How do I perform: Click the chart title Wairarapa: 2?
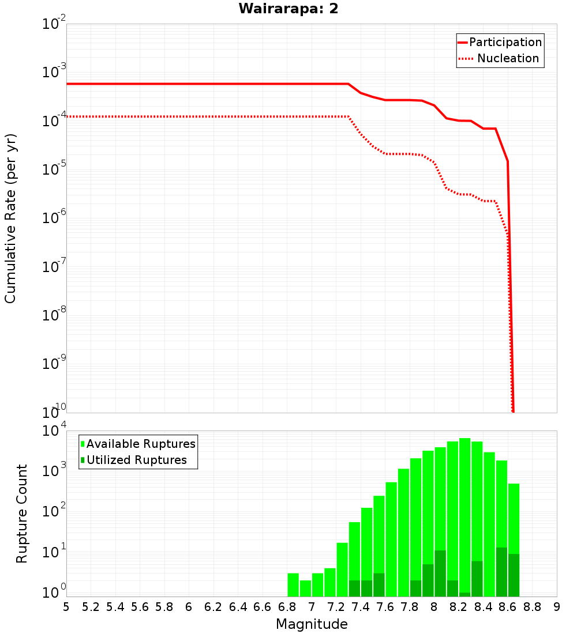point(288,9)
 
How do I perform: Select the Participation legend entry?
point(505,42)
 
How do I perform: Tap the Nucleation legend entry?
point(508,58)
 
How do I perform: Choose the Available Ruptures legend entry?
point(141,444)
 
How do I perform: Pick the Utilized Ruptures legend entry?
point(137,460)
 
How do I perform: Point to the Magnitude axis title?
point(312,624)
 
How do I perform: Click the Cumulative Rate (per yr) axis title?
point(10,218)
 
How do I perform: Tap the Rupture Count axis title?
point(22,514)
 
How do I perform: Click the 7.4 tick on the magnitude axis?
point(361,607)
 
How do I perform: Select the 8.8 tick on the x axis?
point(532,607)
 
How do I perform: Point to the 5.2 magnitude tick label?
point(91,607)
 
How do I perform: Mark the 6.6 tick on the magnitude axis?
point(263,607)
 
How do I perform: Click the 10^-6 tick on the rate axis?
point(54,218)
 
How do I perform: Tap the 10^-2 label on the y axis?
point(54,24)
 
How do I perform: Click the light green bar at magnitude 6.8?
point(293,584)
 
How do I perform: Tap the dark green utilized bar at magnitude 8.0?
point(440,573)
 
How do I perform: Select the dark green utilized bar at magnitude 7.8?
point(416,588)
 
